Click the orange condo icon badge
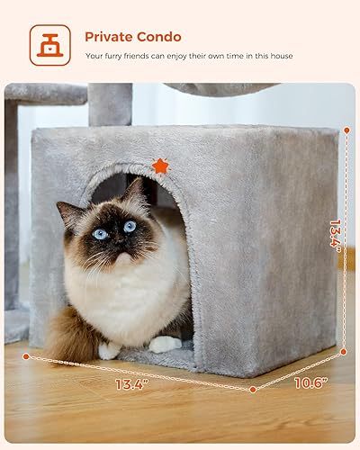click(49, 45)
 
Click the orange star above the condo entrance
click(160, 166)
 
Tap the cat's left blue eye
click(100, 233)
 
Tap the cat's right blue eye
click(130, 227)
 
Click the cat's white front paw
click(164, 344)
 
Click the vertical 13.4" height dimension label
click(336, 236)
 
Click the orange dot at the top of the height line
click(346, 131)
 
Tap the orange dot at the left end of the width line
click(26, 356)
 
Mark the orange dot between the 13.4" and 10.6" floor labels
click(253, 390)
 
